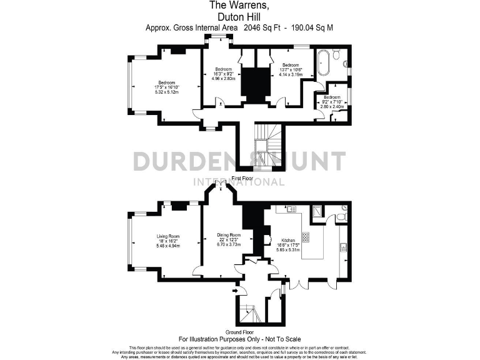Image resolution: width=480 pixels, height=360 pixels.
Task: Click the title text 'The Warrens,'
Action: click(x=240, y=6)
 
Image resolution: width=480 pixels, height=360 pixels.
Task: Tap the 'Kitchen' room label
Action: click(x=288, y=240)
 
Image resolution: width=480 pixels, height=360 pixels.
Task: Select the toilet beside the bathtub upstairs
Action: click(x=336, y=56)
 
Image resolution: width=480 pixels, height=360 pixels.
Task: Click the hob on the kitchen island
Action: click(x=306, y=237)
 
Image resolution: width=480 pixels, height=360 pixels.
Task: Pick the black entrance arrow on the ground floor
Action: click(x=234, y=290)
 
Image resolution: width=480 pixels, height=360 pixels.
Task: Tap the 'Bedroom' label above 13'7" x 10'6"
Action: click(x=291, y=65)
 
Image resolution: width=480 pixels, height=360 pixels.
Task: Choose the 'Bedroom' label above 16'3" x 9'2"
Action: click(x=223, y=69)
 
